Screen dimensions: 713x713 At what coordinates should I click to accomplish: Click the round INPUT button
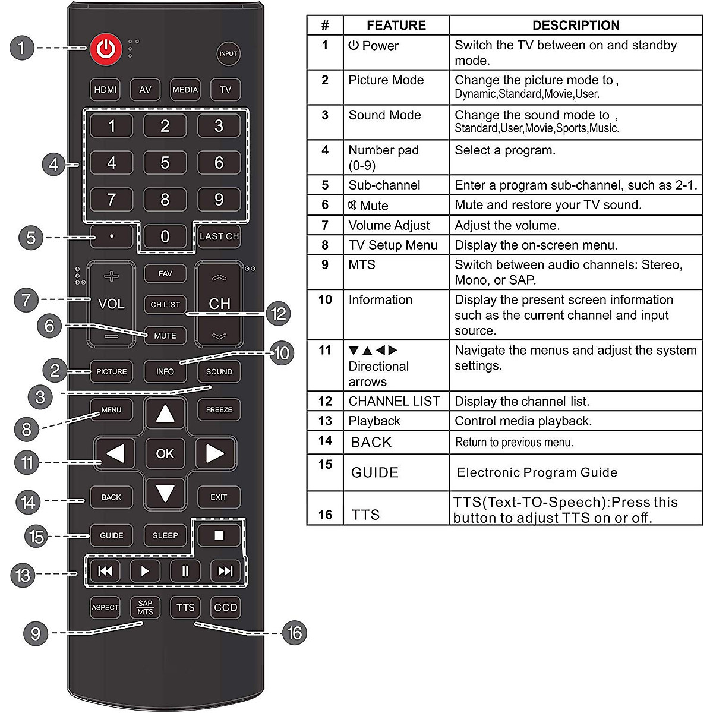[x=228, y=53]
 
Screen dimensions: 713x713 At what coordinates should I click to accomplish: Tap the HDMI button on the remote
[x=105, y=90]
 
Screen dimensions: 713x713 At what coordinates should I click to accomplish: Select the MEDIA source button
[x=185, y=90]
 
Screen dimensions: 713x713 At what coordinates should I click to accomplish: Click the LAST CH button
[x=219, y=236]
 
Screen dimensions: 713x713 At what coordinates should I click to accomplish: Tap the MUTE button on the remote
[x=165, y=336]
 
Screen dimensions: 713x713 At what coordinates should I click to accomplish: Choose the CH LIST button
[x=165, y=304]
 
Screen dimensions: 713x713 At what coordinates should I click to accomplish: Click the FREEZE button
[x=219, y=410]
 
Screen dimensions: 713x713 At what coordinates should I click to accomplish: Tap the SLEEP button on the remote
[x=165, y=535]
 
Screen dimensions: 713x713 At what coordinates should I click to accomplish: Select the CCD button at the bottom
[x=226, y=608]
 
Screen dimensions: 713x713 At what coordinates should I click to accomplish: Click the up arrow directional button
[x=165, y=414]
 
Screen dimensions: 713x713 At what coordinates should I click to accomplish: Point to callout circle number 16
[x=295, y=633]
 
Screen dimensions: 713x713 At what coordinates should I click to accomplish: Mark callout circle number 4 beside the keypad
[x=53, y=164]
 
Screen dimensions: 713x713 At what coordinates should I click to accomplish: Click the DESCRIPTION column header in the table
[x=576, y=26]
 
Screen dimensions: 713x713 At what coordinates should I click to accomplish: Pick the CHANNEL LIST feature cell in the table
[x=394, y=402]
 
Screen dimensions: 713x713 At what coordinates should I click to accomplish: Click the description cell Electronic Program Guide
[x=537, y=472]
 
